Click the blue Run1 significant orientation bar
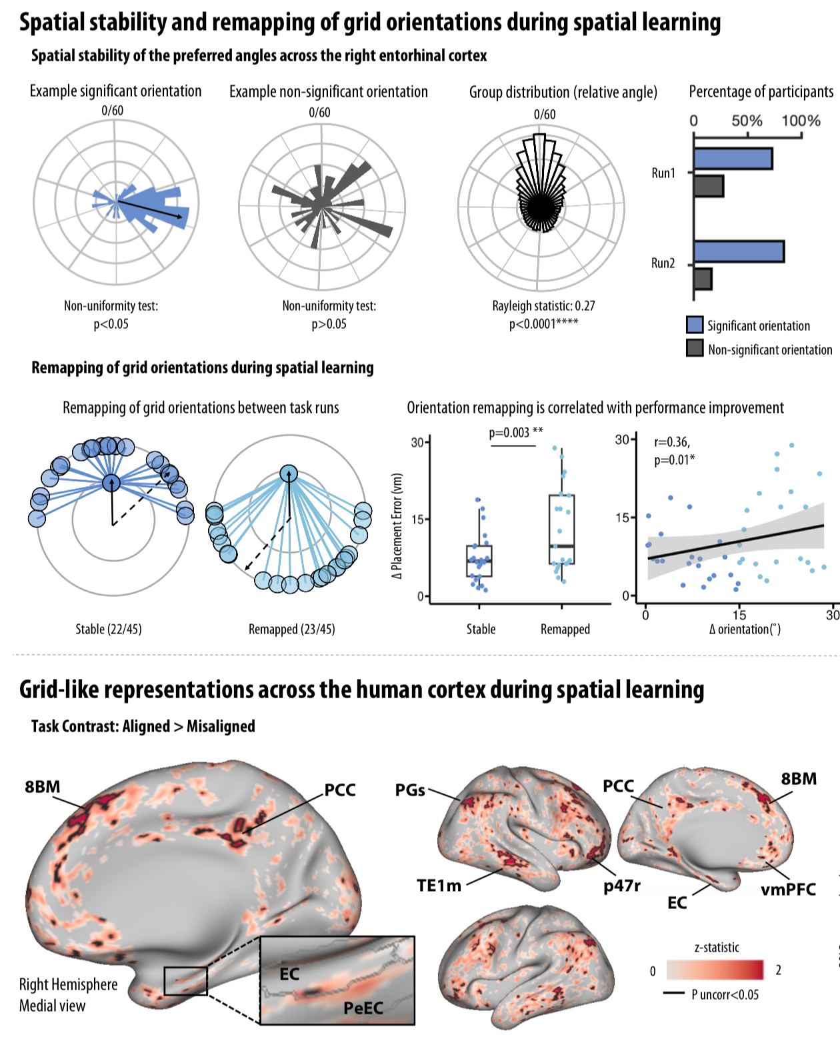733,159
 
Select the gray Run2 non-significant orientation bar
703,279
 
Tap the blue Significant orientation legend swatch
695,325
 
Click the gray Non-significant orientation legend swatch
695,348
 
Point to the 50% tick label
747,121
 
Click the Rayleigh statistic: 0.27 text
543,305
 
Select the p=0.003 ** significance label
516,432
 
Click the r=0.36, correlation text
671,441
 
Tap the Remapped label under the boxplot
565,629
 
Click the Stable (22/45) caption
108,629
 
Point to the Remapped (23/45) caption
291,629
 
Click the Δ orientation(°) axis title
745,629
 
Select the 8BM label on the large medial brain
43,786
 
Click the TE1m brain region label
439,885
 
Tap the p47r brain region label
622,885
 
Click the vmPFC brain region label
788,888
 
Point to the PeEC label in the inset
363,1008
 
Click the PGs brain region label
410,790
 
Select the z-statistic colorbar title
717,947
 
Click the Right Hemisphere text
68,984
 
